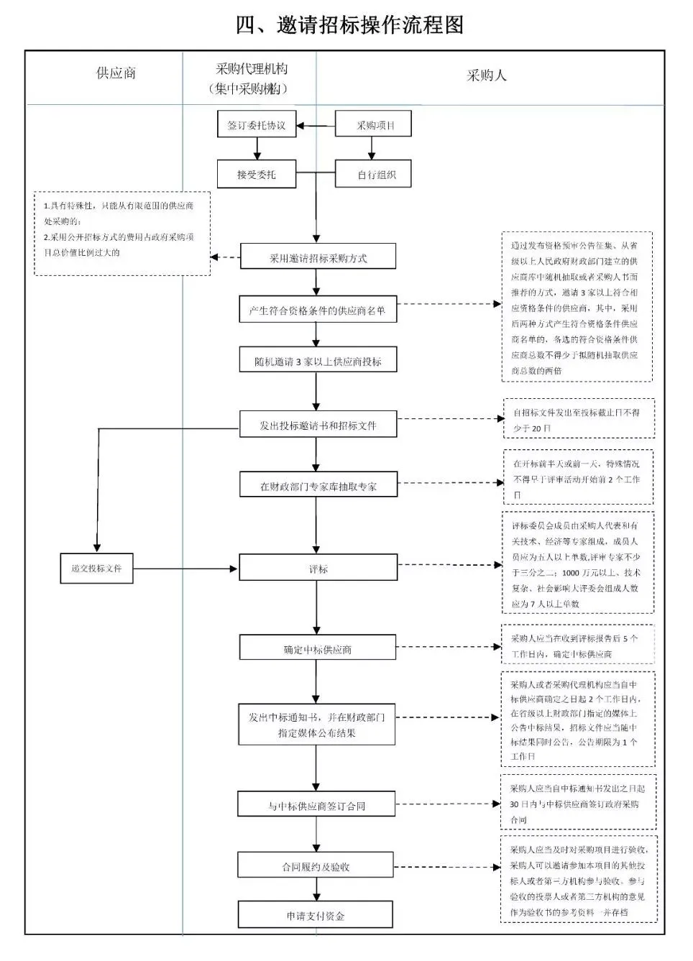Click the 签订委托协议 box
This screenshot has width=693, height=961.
click(257, 124)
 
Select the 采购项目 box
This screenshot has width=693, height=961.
click(373, 124)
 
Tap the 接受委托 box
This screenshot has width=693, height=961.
click(257, 174)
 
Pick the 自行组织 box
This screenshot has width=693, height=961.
click(373, 174)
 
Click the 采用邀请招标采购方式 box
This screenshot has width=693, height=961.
click(318, 257)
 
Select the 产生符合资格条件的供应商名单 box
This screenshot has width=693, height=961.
click(318, 311)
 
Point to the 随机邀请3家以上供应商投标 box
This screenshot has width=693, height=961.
click(318, 362)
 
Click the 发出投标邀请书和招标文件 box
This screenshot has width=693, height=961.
click(318, 425)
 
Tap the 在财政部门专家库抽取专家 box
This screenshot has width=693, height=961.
click(318, 486)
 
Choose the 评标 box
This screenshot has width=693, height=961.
click(318, 569)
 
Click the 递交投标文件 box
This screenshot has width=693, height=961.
click(96, 569)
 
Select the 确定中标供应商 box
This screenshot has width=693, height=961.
click(318, 649)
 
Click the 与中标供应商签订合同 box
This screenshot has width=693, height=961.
click(316, 806)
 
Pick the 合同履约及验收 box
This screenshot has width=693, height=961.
click(316, 867)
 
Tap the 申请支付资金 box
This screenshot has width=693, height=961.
click(316, 916)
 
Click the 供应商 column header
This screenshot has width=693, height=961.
click(116, 73)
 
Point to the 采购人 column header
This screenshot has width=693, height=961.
click(487, 75)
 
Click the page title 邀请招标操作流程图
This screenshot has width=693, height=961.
click(350, 24)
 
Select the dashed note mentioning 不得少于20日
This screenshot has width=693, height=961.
click(579, 419)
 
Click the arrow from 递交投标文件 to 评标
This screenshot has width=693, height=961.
click(185, 569)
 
